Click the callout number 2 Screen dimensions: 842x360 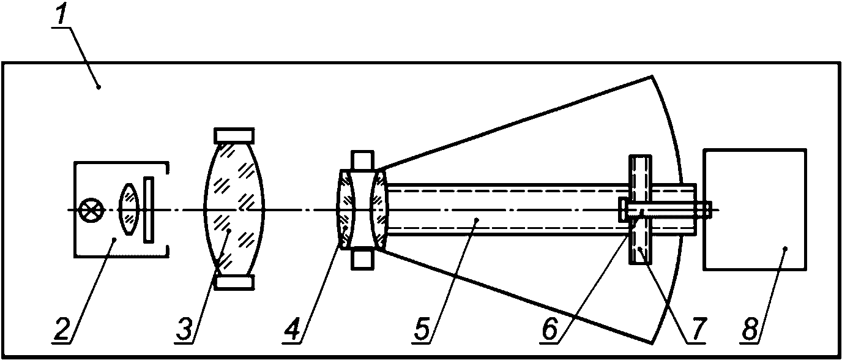click(63, 329)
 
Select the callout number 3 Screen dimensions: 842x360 click(185, 329)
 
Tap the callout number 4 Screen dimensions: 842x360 click(292, 329)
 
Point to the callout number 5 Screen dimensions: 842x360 click(422, 329)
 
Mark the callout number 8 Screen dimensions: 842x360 click(750, 329)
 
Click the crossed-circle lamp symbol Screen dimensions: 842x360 click(90, 210)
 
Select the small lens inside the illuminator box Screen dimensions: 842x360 click(129, 209)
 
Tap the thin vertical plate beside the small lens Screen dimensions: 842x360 click(149, 209)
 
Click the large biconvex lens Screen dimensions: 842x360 click(234, 209)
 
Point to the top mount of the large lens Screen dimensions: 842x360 click(234, 135)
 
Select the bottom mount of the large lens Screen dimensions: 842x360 click(234, 282)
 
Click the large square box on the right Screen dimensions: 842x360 click(754, 209)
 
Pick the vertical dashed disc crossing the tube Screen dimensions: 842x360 click(640, 209)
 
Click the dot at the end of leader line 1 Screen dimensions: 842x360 click(99, 88)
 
